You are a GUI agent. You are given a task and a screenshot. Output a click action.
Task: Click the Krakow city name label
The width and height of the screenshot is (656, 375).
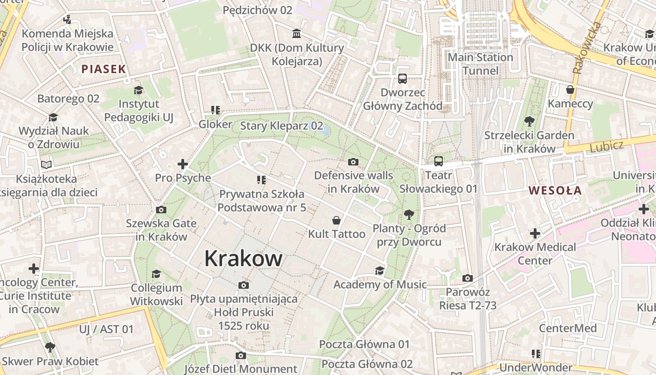(x=243, y=258)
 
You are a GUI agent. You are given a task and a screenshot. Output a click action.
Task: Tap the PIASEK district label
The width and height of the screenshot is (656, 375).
(x=104, y=69)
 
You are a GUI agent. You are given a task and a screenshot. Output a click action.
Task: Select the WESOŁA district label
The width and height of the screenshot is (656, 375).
(x=555, y=191)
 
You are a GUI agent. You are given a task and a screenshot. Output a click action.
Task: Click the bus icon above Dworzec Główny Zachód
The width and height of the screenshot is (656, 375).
(x=403, y=78)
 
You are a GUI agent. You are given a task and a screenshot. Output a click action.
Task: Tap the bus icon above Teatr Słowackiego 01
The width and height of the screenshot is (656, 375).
(x=438, y=161)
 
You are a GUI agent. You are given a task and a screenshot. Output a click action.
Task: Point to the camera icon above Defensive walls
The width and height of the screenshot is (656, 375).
(x=353, y=162)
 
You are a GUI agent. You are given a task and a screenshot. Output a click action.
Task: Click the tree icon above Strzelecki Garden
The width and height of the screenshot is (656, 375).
(x=529, y=121)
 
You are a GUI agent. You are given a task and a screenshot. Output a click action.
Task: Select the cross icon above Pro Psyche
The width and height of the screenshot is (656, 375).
(x=183, y=164)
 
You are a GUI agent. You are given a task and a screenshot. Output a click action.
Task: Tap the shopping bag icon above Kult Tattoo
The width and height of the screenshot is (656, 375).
(x=336, y=220)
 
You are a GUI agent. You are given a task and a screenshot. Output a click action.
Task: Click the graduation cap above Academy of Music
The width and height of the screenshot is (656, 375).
(x=380, y=270)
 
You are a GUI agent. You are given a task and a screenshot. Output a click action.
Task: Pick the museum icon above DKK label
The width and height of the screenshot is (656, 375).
(x=297, y=33)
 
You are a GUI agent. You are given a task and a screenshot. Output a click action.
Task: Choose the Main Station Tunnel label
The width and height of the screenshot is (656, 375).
(x=480, y=64)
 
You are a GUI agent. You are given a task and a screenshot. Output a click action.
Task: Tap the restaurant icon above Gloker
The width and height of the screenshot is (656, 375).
(x=215, y=110)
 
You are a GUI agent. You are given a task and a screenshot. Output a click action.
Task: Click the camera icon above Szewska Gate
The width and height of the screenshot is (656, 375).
(x=161, y=210)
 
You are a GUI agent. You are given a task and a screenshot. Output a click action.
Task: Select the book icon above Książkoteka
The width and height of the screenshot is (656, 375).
(x=46, y=165)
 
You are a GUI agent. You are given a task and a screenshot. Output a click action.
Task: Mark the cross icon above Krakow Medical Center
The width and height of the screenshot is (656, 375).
(x=535, y=233)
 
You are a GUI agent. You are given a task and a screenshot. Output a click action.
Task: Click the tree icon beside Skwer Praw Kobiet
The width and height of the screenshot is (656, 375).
(x=50, y=347)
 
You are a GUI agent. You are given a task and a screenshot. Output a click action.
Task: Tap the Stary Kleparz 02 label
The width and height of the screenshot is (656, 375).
(x=282, y=126)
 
